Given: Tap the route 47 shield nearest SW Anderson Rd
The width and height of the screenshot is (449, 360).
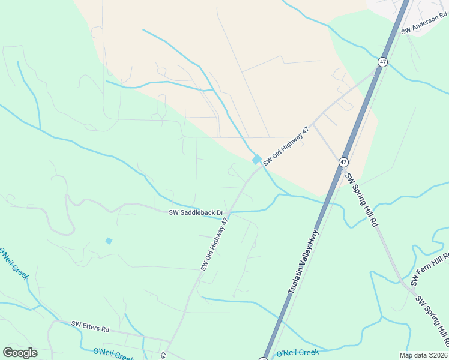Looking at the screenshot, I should [x=382, y=62].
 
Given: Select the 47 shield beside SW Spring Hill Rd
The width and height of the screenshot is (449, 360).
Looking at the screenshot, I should [x=343, y=162].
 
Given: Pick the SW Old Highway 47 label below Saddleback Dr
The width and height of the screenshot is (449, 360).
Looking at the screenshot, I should [x=215, y=244].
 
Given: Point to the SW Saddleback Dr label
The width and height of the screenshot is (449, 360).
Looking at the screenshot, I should [x=196, y=212].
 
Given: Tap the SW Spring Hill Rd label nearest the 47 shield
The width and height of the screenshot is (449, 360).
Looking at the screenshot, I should [x=361, y=200].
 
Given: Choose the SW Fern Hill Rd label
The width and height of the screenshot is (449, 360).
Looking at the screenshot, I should [x=429, y=269].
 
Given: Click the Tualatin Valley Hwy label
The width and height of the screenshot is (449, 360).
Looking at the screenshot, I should [x=302, y=263].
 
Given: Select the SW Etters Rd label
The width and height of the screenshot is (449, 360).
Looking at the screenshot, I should [x=91, y=328].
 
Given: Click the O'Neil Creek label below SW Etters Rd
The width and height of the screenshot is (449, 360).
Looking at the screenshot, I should [x=112, y=354].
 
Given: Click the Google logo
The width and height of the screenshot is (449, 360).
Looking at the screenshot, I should [x=20, y=353].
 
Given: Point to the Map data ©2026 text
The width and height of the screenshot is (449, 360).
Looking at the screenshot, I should [x=423, y=355].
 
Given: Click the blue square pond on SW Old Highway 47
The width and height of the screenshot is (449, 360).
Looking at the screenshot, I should [x=257, y=160].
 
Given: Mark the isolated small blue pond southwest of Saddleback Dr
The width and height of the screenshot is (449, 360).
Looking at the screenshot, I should [x=109, y=241].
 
